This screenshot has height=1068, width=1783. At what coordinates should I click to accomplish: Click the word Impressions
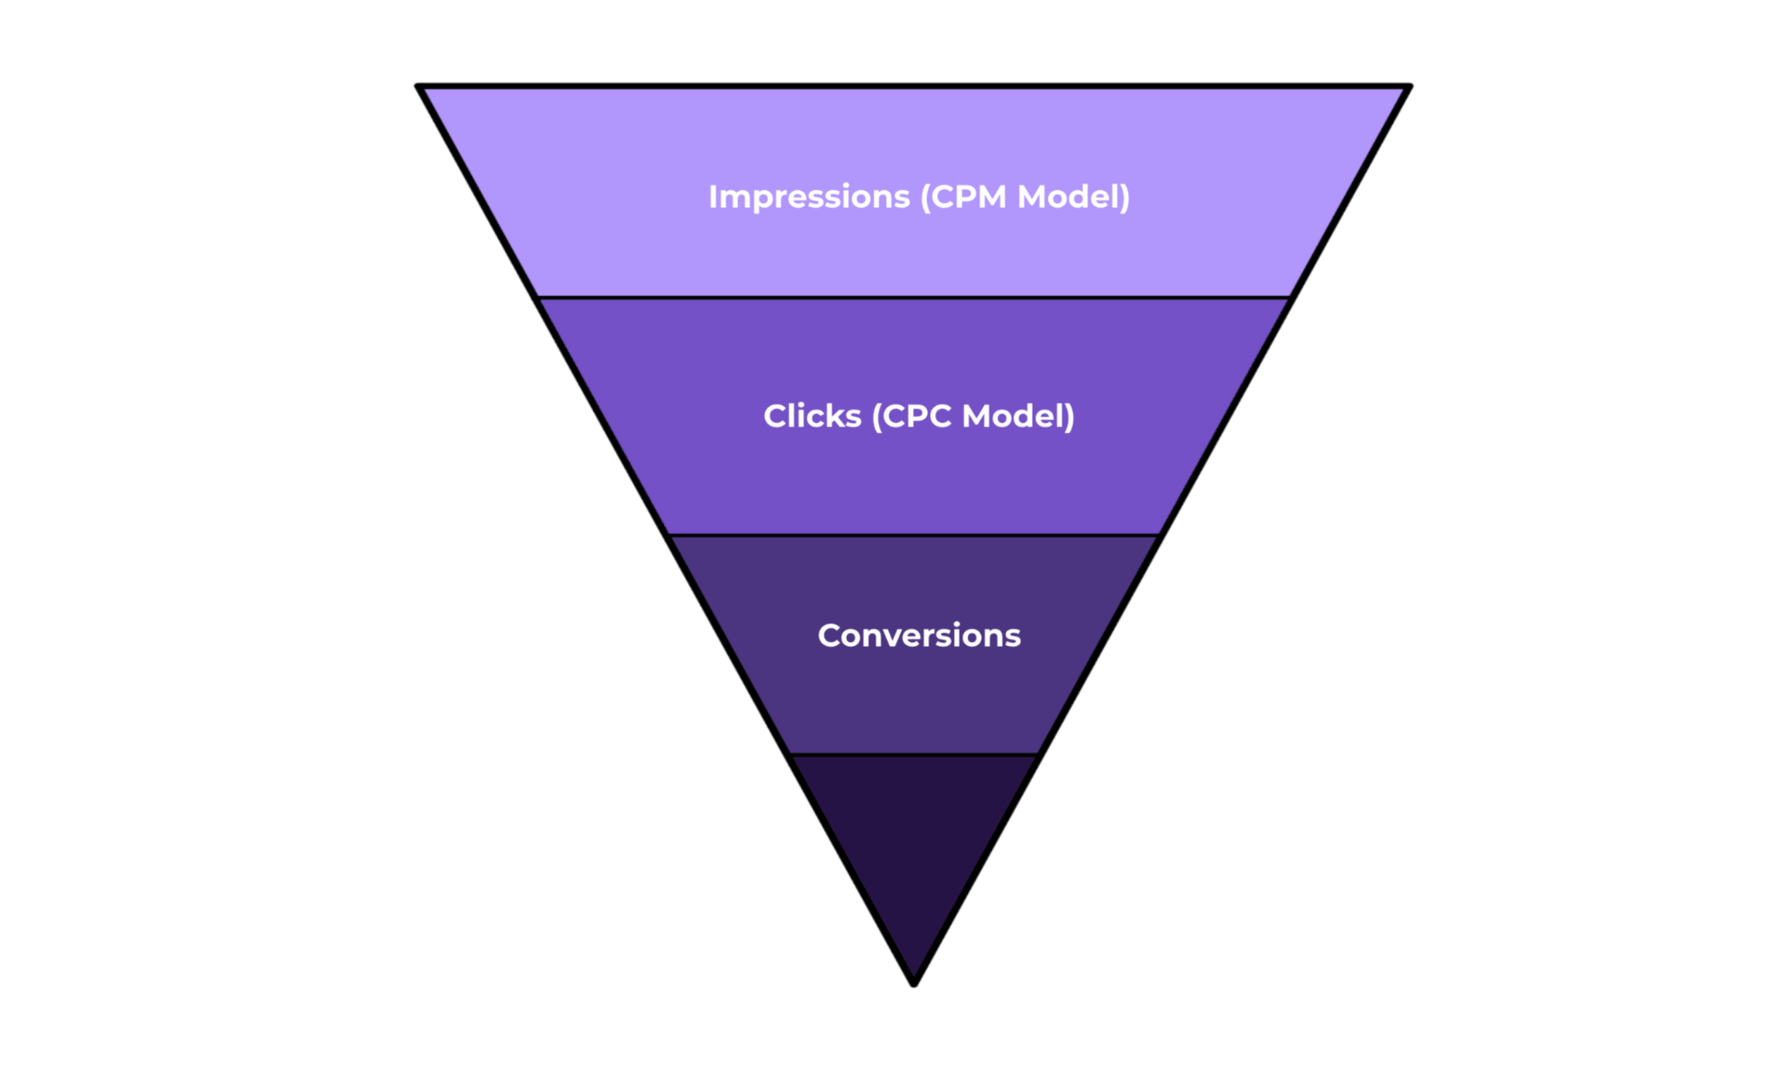point(809,198)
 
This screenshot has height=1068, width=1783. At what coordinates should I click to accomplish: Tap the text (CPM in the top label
point(964,198)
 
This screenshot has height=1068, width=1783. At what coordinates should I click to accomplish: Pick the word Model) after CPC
point(1019,417)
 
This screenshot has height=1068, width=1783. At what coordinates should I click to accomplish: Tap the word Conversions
point(919,636)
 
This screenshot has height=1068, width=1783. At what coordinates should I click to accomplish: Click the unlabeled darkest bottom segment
point(913,835)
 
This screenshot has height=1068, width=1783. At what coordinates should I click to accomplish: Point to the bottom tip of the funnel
point(913,984)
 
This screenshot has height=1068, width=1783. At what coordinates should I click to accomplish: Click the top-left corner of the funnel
point(418,86)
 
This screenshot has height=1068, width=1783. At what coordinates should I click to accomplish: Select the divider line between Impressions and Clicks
point(913,297)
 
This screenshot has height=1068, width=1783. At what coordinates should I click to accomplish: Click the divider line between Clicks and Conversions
point(913,535)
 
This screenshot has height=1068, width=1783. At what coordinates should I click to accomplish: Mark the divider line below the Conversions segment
point(913,755)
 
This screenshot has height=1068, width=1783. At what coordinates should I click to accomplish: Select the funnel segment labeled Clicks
point(913,475)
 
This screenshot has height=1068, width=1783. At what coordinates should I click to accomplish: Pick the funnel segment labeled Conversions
point(913,691)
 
